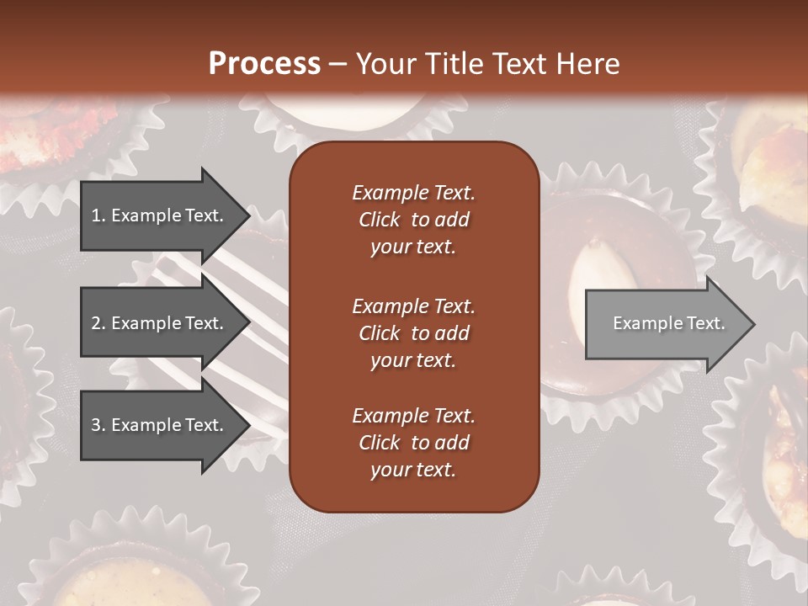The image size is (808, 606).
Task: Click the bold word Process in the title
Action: coord(264,64)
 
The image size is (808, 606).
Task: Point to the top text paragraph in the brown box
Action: coord(413,220)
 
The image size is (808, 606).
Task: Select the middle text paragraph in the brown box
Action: coord(413,332)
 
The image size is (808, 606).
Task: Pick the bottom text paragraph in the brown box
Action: coord(413,443)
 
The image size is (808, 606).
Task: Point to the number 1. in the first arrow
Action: coord(98,215)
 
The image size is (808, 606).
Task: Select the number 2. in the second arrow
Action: coord(98,323)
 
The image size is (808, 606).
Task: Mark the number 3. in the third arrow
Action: coord(98,425)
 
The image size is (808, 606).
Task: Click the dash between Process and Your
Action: coord(338,64)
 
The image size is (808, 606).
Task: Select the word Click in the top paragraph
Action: coord(379,220)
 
